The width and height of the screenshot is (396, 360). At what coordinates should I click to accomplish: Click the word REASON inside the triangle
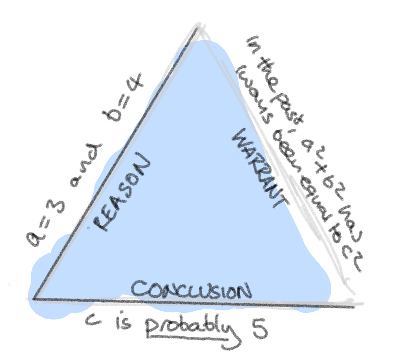pyautogui.click(x=122, y=193)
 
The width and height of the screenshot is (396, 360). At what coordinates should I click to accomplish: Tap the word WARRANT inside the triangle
pyautogui.click(x=259, y=168)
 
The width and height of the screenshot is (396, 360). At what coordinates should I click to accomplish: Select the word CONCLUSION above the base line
pyautogui.click(x=191, y=289)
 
